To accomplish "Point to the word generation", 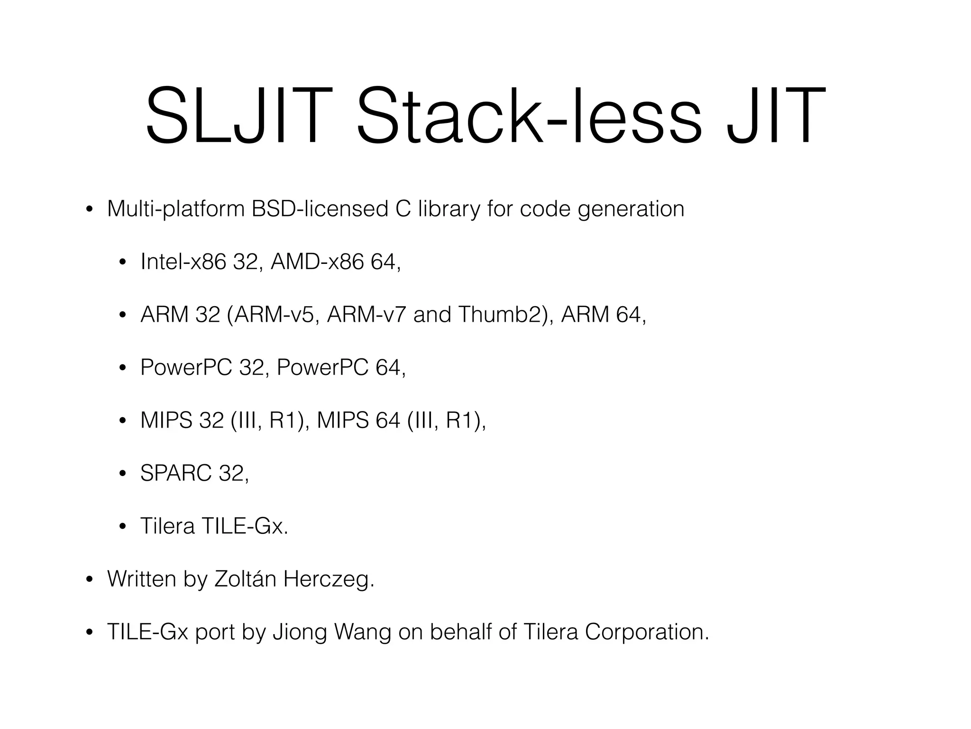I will [x=631, y=210].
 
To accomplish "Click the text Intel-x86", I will [x=183, y=262].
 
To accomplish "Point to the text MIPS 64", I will [x=358, y=420].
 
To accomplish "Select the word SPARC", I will [x=176, y=473].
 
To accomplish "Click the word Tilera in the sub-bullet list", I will [x=167, y=526].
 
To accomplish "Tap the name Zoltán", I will [x=245, y=579].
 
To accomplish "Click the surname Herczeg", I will [x=328, y=579].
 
